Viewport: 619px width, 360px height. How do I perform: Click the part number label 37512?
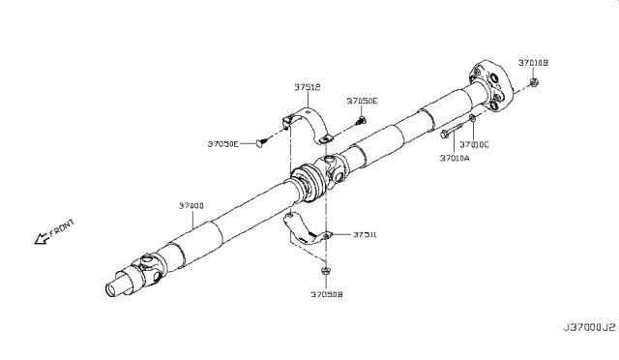coord(309,86)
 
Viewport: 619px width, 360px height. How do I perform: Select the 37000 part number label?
coord(191,206)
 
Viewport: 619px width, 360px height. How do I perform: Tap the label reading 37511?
coord(365,234)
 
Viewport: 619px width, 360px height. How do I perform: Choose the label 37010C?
coord(476,144)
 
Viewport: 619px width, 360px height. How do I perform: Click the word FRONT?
coord(61,230)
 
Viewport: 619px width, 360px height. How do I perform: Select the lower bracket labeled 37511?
coord(305,233)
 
